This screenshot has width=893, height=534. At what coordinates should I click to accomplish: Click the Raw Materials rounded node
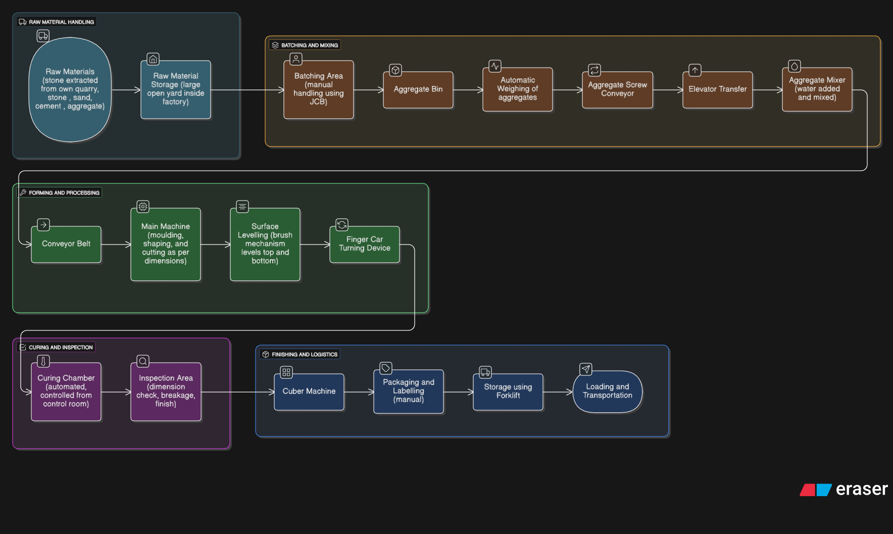(70, 89)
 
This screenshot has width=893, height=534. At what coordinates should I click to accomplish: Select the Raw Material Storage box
(176, 89)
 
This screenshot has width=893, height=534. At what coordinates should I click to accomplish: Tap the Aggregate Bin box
(418, 89)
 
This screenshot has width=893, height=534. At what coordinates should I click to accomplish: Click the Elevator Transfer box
(718, 89)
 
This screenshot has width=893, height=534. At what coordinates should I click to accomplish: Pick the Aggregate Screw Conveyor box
(618, 89)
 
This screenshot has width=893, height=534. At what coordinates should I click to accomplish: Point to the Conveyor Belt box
(66, 244)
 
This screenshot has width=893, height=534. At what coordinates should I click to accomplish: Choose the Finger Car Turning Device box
(365, 244)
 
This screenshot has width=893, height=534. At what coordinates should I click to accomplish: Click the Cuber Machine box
(309, 392)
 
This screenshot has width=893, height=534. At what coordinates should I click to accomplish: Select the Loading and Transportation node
(608, 392)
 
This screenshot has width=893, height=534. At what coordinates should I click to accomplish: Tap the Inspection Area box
(166, 392)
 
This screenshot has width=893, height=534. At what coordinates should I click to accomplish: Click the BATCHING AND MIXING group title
(310, 45)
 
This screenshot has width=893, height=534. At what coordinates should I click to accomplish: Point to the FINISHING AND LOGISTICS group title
(305, 355)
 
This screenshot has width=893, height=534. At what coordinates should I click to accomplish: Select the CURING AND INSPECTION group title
(61, 348)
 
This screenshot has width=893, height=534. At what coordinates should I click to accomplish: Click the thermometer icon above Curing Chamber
(43, 361)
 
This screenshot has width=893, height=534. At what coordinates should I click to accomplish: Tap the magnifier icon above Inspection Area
(143, 361)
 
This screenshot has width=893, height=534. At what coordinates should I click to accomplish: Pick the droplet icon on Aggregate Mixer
(795, 66)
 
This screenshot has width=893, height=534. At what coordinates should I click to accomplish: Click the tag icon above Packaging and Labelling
(386, 368)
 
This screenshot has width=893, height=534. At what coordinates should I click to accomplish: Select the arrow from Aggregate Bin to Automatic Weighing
(468, 90)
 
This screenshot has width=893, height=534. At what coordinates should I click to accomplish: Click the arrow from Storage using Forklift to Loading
(558, 392)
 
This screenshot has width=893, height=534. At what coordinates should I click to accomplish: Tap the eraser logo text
(862, 489)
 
